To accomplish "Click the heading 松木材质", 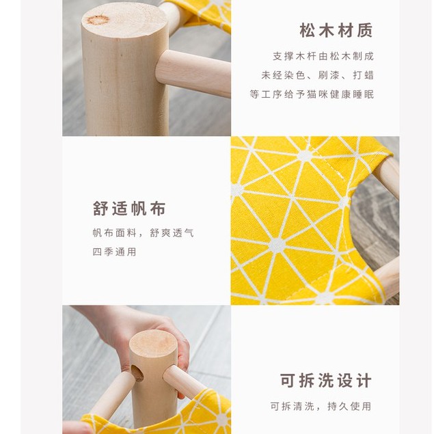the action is tap(336, 31).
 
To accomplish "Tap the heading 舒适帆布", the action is tap(129, 208).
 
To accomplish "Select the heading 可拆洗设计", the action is tap(325, 381).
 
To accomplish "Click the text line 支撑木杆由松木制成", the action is tap(323, 56).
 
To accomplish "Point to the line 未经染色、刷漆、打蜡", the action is tap(318, 75).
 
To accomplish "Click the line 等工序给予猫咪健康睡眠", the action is tap(312, 94).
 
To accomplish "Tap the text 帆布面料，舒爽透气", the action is tap(143, 233).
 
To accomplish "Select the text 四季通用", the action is tap(114, 252).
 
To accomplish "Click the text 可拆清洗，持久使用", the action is tap(321, 407).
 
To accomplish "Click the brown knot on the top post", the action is tap(98, 20).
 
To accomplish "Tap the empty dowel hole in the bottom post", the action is tap(137, 373).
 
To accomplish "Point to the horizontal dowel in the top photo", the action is tap(193, 73).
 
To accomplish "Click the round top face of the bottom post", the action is tap(153, 344).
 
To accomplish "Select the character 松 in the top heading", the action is tap(307, 31).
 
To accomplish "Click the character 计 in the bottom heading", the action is tap(364, 381).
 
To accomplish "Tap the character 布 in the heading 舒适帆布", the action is tap(158, 208).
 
